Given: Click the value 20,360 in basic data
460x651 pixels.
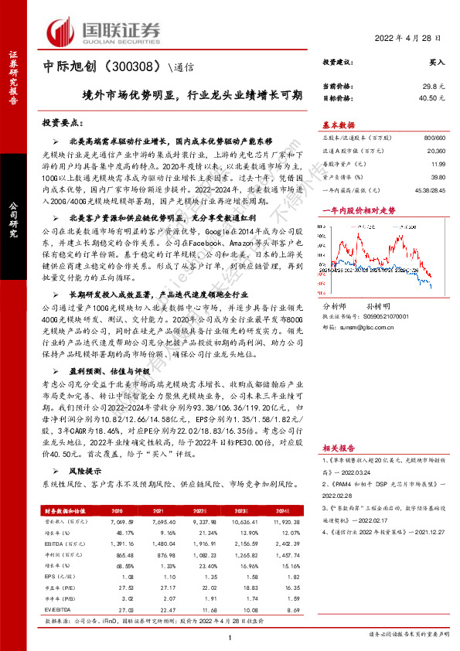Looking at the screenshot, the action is [x=434, y=152].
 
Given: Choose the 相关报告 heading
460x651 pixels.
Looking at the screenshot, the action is [x=338, y=448].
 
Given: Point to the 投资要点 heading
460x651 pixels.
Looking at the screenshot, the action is [x=63, y=123].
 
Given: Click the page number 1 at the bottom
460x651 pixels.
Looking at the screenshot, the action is [x=230, y=636].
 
